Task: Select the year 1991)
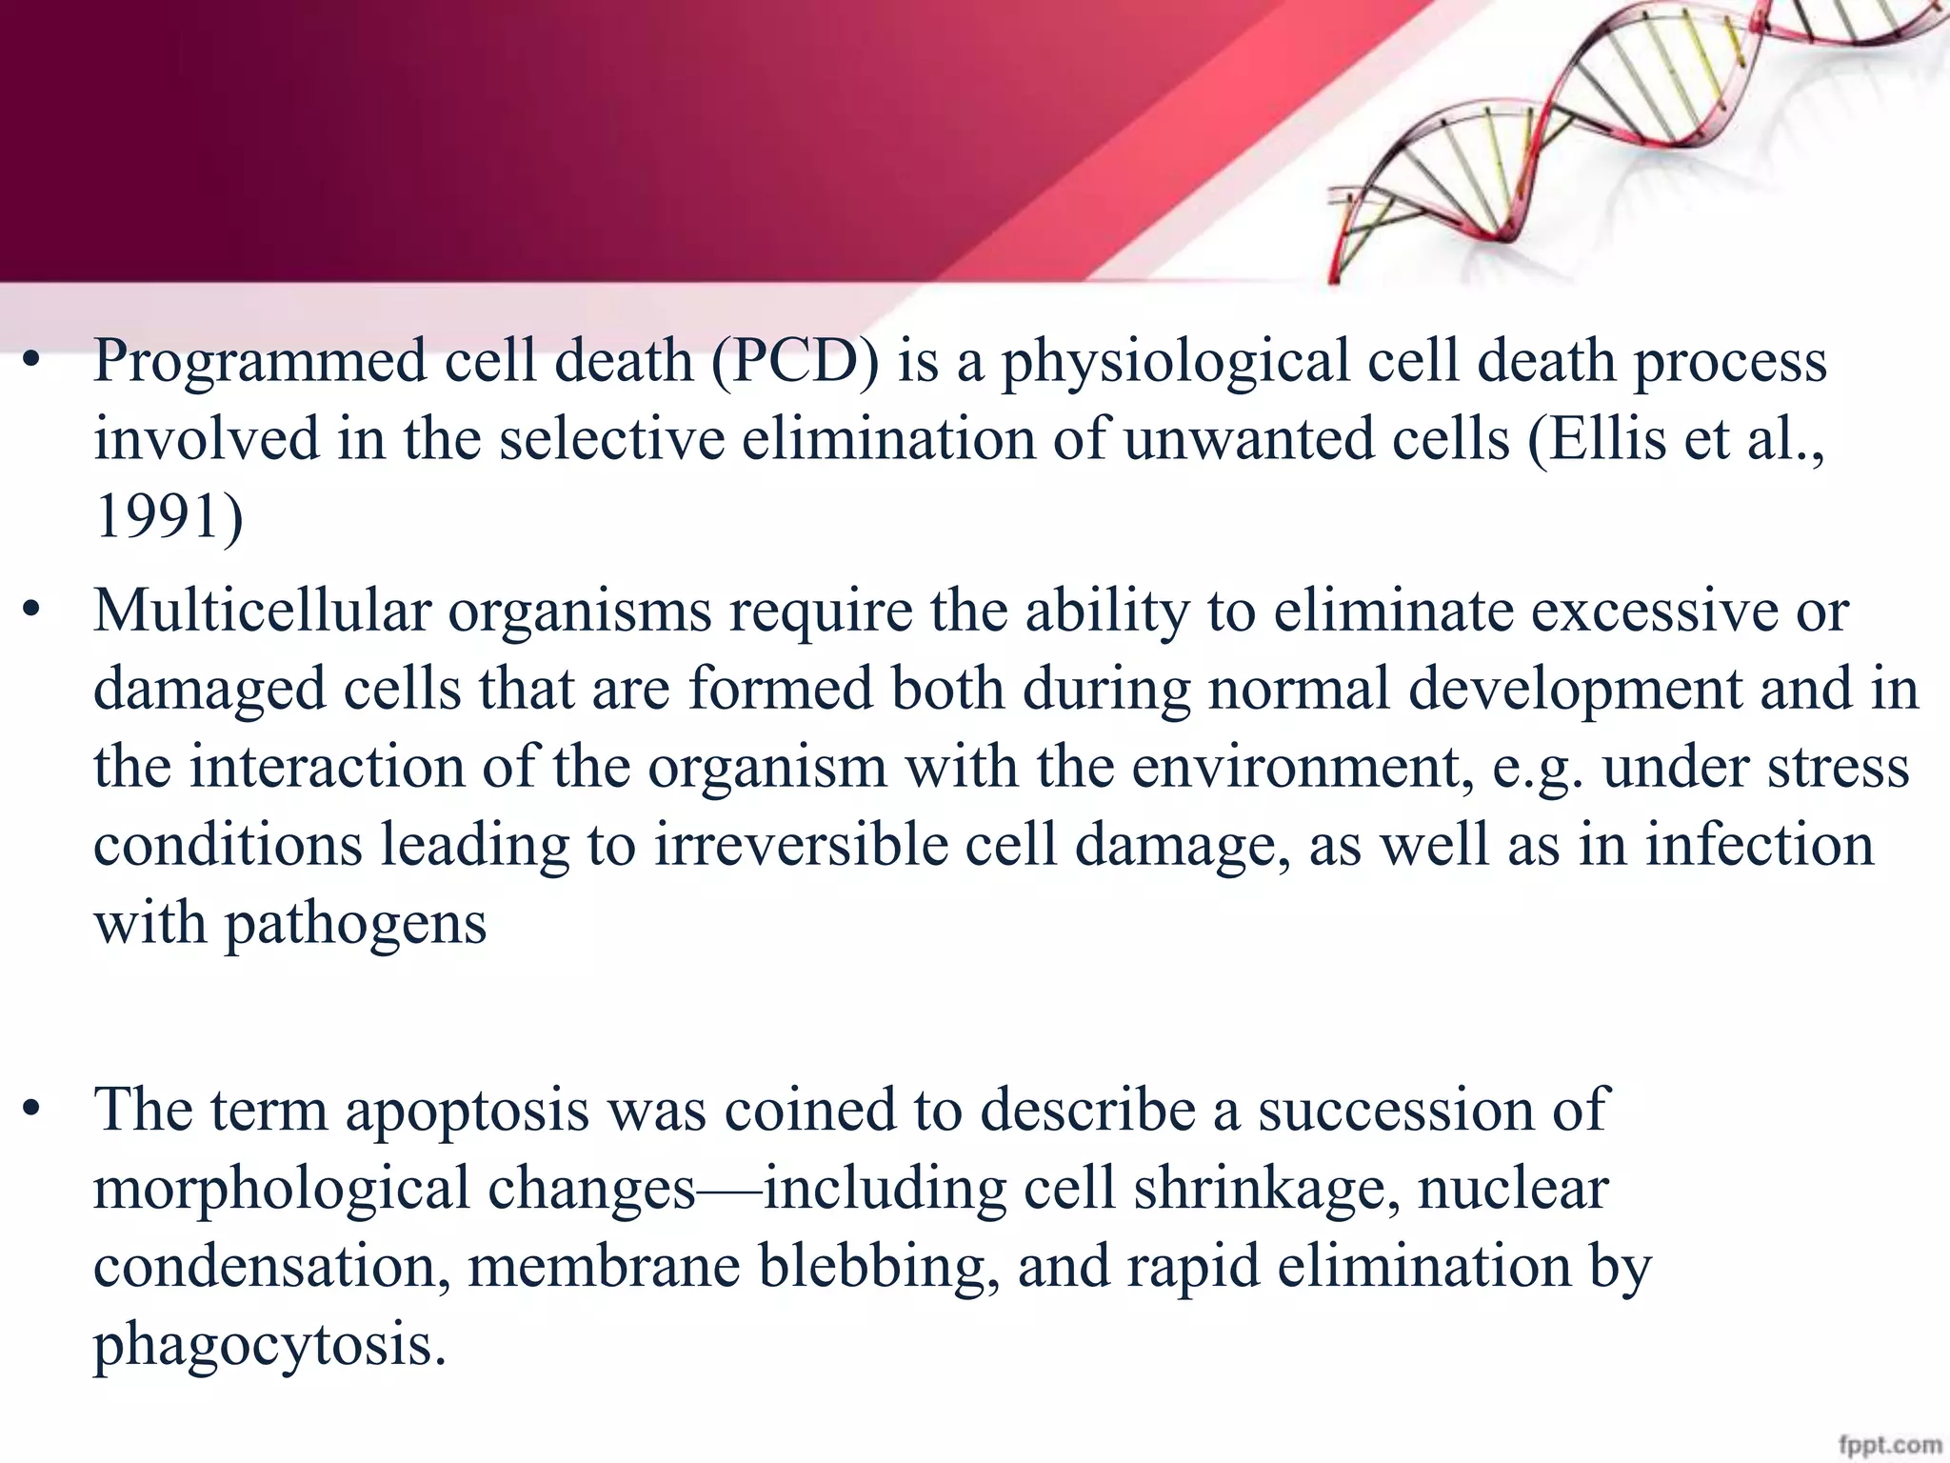click(x=169, y=518)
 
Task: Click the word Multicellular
click(x=262, y=611)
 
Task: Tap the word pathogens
click(x=355, y=924)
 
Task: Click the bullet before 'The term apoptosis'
click(x=32, y=1111)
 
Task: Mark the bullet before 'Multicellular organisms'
click(x=32, y=611)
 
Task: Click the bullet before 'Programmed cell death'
click(x=32, y=362)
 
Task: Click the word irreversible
click(x=800, y=846)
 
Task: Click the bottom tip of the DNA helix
click(x=1334, y=278)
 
